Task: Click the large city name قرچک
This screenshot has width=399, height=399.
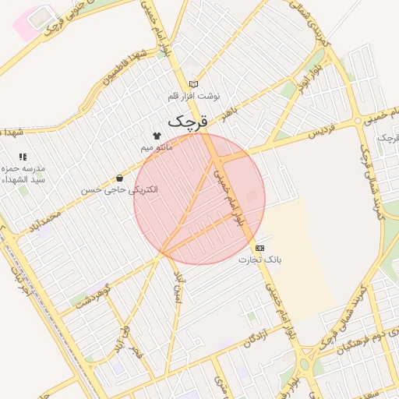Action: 189,122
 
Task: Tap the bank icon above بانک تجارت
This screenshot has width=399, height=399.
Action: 260,248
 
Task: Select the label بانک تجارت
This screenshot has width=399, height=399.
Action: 259,259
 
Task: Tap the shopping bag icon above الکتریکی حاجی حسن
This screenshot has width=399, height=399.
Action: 119,178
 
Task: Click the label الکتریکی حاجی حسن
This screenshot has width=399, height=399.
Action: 120,189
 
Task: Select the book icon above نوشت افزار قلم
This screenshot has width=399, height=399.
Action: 194,84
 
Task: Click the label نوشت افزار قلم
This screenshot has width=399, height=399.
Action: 194,95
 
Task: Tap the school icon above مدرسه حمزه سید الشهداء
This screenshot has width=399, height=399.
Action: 23,157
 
